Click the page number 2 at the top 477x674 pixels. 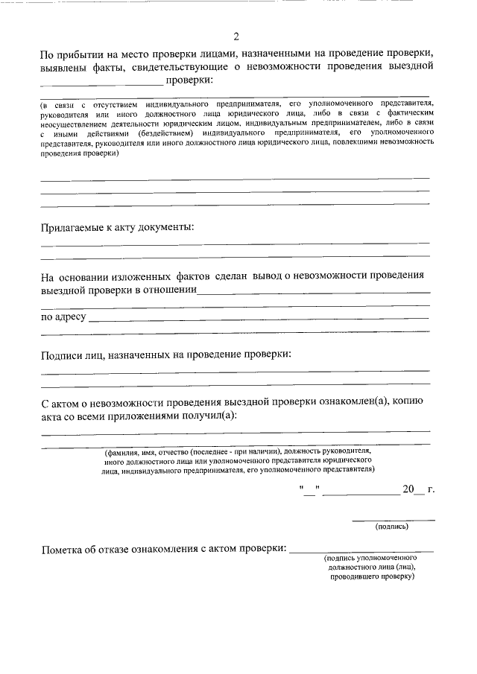pyautogui.click(x=236, y=36)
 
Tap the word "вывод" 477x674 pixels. pyautogui.click(x=268, y=275)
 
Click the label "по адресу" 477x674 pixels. pyautogui.click(x=63, y=318)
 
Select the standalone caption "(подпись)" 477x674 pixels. pyautogui.click(x=393, y=527)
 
